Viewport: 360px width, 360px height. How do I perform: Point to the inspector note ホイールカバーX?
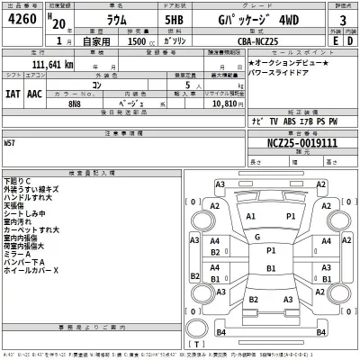31,270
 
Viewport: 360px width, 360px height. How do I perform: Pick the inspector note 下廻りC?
17,180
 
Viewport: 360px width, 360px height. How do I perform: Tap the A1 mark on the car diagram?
250,217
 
